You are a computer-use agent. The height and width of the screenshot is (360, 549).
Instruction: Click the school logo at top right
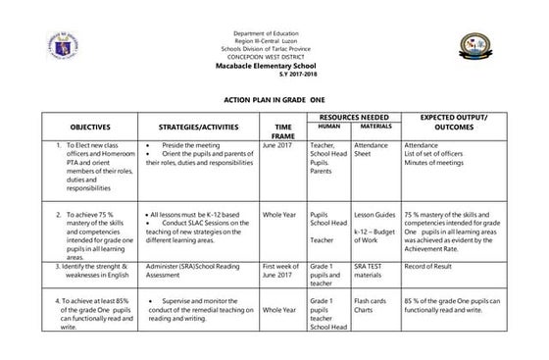click(x=479, y=47)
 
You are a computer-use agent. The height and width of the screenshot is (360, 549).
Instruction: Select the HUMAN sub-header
click(x=329, y=127)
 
